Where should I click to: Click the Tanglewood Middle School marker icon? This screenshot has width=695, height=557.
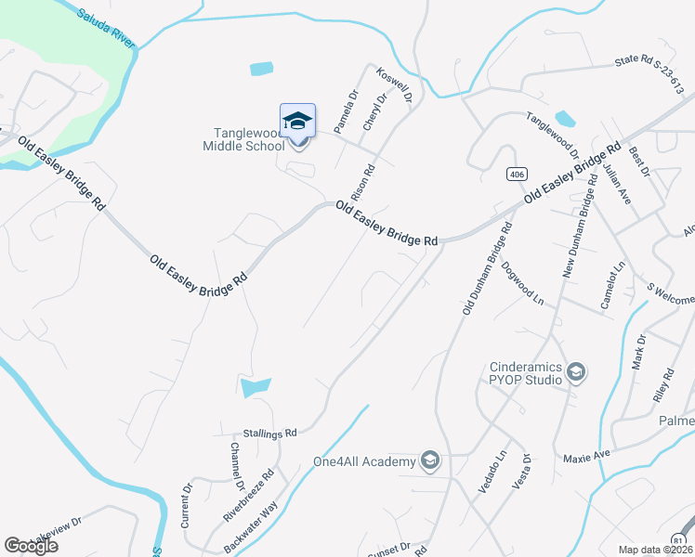297,122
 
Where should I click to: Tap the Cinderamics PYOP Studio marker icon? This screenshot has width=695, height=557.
575,372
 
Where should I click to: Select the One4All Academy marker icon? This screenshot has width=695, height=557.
429,460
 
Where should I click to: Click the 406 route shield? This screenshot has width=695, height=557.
517,175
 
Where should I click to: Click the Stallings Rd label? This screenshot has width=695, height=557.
269,433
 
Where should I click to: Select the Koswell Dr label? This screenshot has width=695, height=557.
394,84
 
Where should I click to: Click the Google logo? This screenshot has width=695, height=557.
32,546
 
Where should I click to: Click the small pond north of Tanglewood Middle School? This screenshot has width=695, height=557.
262,68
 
